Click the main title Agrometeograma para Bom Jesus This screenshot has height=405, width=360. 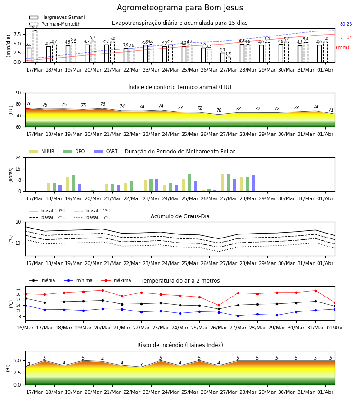coord(180,8)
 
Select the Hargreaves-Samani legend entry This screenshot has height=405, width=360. coord(57,17)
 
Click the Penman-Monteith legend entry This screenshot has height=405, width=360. coord(55,24)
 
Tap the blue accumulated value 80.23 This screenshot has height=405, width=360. coord(346,24)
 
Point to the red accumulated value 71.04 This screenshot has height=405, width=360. coord(346,37)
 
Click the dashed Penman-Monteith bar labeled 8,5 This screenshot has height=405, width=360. coord(35,46)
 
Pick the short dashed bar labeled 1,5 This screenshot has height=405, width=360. coord(228,59)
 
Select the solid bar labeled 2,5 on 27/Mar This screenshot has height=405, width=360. coord(223,57)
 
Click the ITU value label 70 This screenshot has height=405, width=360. coord(219,110)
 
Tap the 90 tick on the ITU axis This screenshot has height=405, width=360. coord(18,93)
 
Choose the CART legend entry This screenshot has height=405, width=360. coord(106,151)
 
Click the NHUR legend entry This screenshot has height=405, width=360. coord(42,151)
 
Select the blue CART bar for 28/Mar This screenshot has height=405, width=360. coord(254,184)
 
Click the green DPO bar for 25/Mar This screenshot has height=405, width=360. coord(189,183)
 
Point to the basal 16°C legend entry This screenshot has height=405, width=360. coord(92,217)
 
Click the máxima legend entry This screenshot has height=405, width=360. coord(116,280)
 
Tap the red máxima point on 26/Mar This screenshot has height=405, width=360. coord(219,305)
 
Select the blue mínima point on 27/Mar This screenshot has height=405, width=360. coord(238,316)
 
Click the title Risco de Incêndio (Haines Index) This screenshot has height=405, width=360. coord(180,345)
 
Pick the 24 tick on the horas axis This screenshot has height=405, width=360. coord(18,157)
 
